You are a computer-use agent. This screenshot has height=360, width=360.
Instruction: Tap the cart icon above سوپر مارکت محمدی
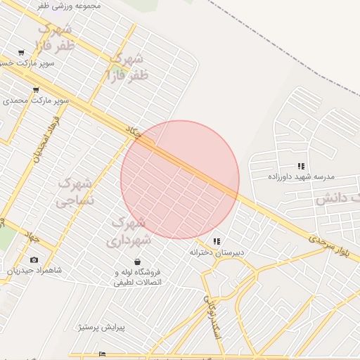35,90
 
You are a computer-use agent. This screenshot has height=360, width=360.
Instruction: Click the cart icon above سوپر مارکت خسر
21,53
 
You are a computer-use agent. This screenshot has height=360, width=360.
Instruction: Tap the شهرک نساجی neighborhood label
75,192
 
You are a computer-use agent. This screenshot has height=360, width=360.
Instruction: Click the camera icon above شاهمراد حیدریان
34,260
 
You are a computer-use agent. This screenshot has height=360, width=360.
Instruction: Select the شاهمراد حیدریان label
34,270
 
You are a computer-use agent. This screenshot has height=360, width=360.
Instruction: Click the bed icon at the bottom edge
103,354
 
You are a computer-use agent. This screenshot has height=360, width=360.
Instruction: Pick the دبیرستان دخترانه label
217,251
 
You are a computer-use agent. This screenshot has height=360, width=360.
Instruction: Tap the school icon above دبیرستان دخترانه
217,241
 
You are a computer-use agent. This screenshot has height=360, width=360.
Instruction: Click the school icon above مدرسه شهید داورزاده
301,166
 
